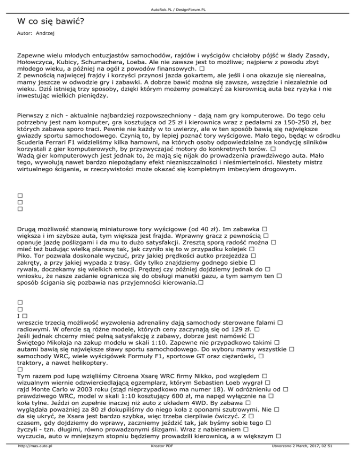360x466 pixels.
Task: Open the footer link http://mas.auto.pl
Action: [34, 460]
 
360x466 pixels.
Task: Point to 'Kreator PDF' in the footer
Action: [159, 460]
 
